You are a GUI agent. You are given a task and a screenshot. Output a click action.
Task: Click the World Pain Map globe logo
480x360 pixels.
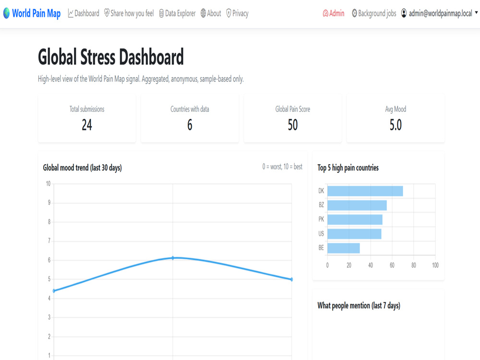6,13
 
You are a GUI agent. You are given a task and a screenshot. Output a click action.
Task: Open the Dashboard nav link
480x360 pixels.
84,13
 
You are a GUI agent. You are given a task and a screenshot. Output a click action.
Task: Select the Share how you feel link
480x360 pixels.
129,13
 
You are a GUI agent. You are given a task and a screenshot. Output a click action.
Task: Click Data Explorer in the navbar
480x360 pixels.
177,13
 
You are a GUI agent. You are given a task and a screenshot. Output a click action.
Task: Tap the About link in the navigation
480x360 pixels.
211,13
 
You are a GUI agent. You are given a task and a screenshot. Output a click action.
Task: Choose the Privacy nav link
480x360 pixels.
237,13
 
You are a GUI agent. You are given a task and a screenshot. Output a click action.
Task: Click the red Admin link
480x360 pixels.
334,13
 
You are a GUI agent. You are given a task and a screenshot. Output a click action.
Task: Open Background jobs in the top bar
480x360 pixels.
374,13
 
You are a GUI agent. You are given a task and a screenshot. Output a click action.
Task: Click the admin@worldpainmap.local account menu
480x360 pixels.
439,13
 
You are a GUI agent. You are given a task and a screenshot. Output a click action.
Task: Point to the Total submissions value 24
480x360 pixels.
87,125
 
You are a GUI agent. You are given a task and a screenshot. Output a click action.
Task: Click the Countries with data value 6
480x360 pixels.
190,125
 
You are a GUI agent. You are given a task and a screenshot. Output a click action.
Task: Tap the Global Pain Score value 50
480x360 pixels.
293,125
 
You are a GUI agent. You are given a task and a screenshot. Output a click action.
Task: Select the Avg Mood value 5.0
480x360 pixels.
396,125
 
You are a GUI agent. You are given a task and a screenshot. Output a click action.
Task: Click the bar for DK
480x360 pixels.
365,191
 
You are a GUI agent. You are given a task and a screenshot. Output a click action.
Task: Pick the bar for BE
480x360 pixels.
344,248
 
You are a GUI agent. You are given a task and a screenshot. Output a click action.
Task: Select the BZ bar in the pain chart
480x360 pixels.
357,205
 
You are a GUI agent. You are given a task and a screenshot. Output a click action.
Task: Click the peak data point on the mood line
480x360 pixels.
173,258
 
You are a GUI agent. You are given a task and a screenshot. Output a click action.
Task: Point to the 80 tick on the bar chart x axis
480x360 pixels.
414,265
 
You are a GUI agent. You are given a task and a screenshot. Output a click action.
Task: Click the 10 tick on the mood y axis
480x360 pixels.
48,184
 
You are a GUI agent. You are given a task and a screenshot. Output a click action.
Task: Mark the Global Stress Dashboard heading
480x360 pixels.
111,57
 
